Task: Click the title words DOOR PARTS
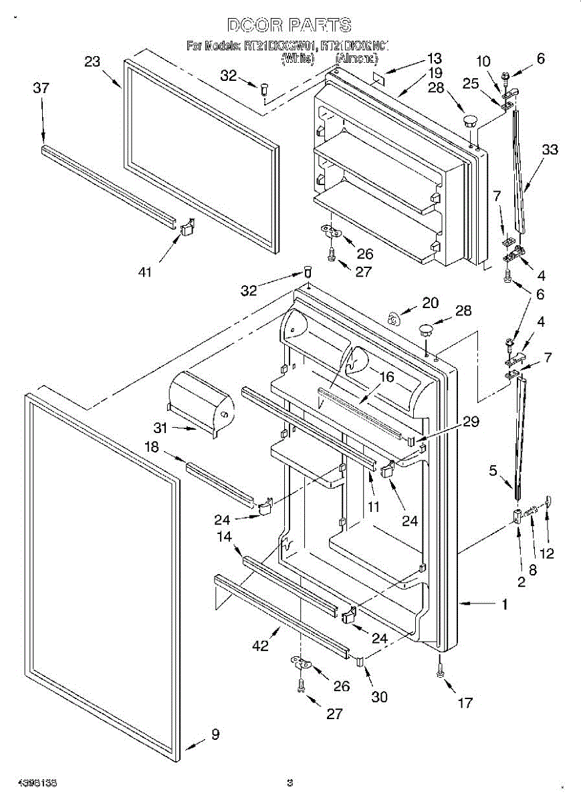(289, 25)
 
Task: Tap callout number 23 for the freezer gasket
(92, 62)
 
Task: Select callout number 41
(145, 271)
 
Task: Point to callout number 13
(435, 58)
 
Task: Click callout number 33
(550, 150)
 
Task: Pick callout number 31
(160, 428)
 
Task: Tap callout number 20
(430, 303)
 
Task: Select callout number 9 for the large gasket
(215, 734)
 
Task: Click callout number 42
(260, 646)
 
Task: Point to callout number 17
(465, 702)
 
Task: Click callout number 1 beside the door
(505, 604)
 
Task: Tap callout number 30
(378, 696)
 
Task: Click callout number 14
(223, 536)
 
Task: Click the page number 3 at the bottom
(289, 781)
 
